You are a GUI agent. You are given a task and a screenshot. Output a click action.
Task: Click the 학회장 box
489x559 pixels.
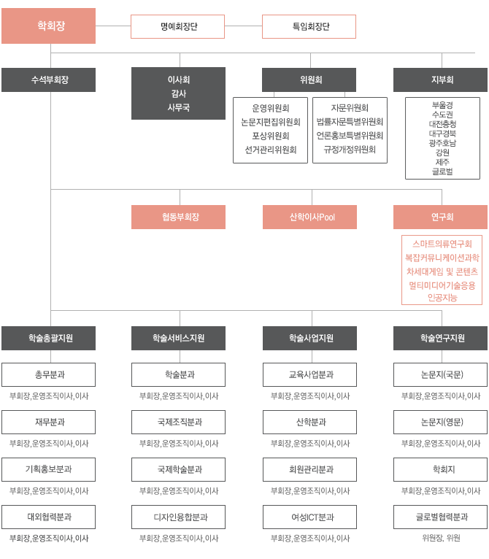click(48, 26)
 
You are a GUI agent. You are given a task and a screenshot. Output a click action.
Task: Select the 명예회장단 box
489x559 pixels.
click(177, 26)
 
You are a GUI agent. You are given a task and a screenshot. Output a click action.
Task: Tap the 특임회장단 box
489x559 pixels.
click(309, 26)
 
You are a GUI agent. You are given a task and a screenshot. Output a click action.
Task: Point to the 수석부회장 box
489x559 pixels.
click(48, 80)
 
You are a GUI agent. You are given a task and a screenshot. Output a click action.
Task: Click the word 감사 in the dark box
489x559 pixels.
click(179, 93)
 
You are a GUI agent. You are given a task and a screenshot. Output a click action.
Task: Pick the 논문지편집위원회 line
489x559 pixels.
click(271, 123)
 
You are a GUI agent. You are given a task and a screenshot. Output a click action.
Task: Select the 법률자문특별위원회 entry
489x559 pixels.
click(350, 122)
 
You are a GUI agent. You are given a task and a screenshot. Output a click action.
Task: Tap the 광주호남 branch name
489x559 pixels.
click(442, 143)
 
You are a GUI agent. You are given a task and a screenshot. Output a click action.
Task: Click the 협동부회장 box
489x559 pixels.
click(178, 217)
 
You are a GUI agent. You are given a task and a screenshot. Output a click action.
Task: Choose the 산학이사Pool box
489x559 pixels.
click(309, 217)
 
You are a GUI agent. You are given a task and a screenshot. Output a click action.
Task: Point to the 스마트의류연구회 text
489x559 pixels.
click(442, 244)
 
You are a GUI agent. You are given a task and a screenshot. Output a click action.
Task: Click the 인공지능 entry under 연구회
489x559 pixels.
click(442, 297)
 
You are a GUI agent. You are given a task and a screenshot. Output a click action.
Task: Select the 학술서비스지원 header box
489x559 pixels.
click(178, 338)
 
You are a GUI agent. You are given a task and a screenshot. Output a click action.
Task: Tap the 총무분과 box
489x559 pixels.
click(48, 374)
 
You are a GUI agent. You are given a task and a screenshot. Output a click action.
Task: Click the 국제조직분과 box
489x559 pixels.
click(178, 422)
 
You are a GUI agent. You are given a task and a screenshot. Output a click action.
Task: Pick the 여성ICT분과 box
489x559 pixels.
click(309, 517)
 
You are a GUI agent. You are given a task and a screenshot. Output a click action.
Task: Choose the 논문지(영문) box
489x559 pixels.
click(441, 422)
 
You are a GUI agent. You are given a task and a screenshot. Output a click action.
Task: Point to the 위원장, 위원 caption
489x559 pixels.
click(442, 538)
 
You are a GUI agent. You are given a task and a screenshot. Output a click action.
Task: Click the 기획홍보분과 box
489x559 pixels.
click(48, 469)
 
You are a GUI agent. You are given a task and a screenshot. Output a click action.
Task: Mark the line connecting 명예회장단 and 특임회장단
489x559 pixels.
click(244, 26)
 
